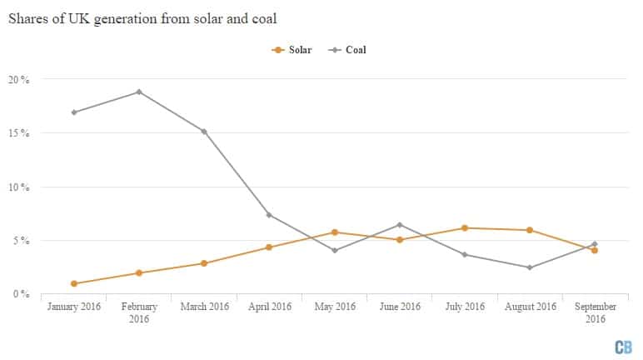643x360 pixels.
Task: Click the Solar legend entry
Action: pos(292,50)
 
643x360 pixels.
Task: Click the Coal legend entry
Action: pos(347,50)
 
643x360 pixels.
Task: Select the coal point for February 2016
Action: pos(139,92)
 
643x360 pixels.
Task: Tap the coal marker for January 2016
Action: pos(74,112)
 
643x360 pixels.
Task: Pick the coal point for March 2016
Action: pos(204,132)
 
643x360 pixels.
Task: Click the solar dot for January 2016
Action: pos(74,283)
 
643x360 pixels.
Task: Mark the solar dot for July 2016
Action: pos(465,228)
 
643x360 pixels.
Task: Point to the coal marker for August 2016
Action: pos(530,267)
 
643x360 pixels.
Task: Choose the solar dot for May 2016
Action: pos(335,232)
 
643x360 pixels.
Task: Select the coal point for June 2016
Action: pos(400,225)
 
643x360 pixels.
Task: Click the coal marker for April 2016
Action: pos(270,215)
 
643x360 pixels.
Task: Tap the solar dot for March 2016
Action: pos(204,263)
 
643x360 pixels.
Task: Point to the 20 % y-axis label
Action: pos(19,80)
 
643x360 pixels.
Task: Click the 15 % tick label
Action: pos(19,133)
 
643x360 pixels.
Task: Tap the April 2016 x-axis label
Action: pos(269,307)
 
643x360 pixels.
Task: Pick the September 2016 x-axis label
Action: pos(595,312)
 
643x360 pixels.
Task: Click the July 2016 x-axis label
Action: pos(465,307)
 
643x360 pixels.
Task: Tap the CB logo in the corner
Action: pos(622,346)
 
